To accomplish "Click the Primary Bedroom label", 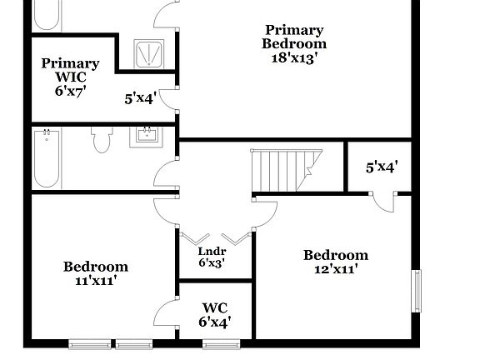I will tap(294, 37).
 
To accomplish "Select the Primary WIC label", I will tap(70, 69).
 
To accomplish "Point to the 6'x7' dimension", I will tap(71, 90).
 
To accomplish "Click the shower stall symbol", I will tap(150, 55).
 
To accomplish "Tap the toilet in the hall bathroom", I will tap(102, 142).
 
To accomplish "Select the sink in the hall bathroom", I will tap(147, 137).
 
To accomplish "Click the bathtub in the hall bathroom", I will tap(47, 158).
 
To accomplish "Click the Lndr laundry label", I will tap(212, 250).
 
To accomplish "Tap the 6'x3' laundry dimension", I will tap(212, 263).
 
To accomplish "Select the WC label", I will tap(214, 307).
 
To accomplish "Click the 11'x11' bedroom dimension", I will tap(95, 281).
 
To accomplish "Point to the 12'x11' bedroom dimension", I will tap(335, 269).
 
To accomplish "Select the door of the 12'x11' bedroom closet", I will tap(383, 202).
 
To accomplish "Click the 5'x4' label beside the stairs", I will tap(382, 167).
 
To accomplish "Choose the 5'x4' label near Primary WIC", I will tap(140, 98).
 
